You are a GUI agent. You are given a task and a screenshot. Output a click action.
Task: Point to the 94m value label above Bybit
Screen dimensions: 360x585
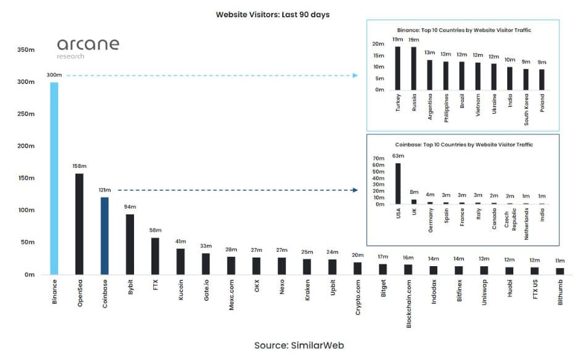130,207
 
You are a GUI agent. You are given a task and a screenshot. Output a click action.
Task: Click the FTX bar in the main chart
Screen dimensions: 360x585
155,256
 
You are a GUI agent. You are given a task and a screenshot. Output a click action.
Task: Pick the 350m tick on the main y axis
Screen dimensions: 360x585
26,50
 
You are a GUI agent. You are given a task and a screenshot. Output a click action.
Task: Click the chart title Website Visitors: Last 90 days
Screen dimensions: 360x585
272,14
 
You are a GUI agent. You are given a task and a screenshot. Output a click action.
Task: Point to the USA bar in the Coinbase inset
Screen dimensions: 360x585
398,183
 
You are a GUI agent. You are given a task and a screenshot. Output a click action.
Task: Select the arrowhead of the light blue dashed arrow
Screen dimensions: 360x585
355,75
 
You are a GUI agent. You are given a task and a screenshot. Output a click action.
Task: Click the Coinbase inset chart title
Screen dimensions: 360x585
464,144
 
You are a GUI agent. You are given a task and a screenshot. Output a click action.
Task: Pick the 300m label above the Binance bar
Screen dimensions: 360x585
54,75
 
